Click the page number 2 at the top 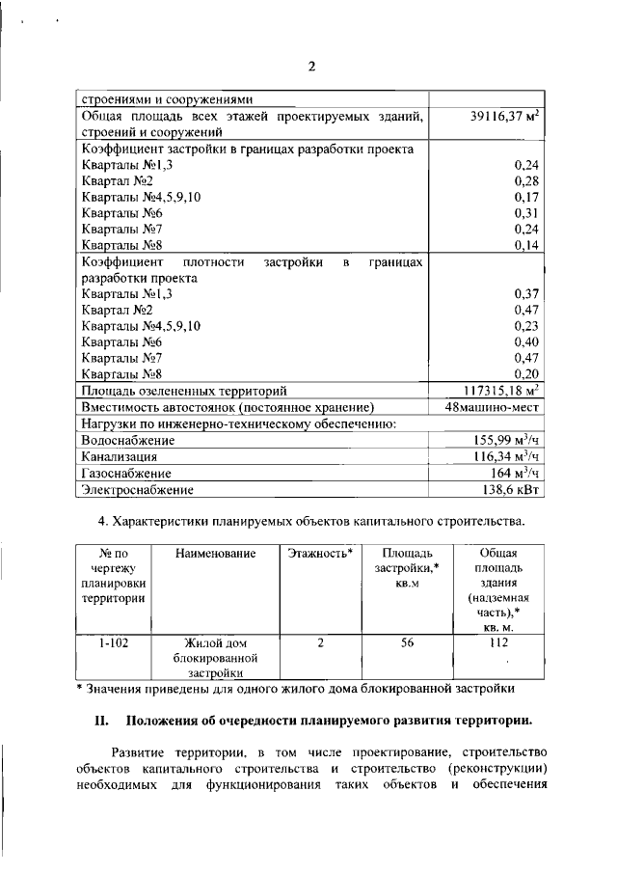coord(311,67)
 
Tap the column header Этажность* coord(319,553)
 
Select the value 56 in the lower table coord(407,641)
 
